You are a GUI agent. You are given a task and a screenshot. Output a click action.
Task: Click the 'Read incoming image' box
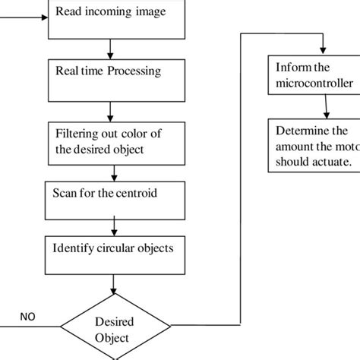117,19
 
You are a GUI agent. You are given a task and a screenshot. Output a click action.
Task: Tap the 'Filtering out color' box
117,141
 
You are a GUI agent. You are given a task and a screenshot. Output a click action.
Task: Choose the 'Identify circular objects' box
117,254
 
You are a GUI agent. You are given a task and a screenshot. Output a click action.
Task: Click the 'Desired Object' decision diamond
112,329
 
